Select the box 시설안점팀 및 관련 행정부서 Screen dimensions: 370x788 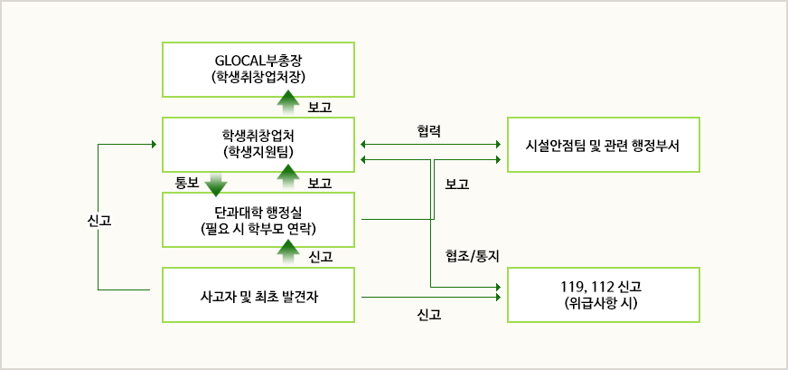[603, 145]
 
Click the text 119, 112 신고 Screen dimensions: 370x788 [603, 287]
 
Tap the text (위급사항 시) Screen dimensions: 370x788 [603, 304]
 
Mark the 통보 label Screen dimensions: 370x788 [185, 182]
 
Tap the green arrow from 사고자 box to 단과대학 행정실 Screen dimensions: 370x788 [287, 256]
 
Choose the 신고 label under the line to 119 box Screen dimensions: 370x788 [429, 316]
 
